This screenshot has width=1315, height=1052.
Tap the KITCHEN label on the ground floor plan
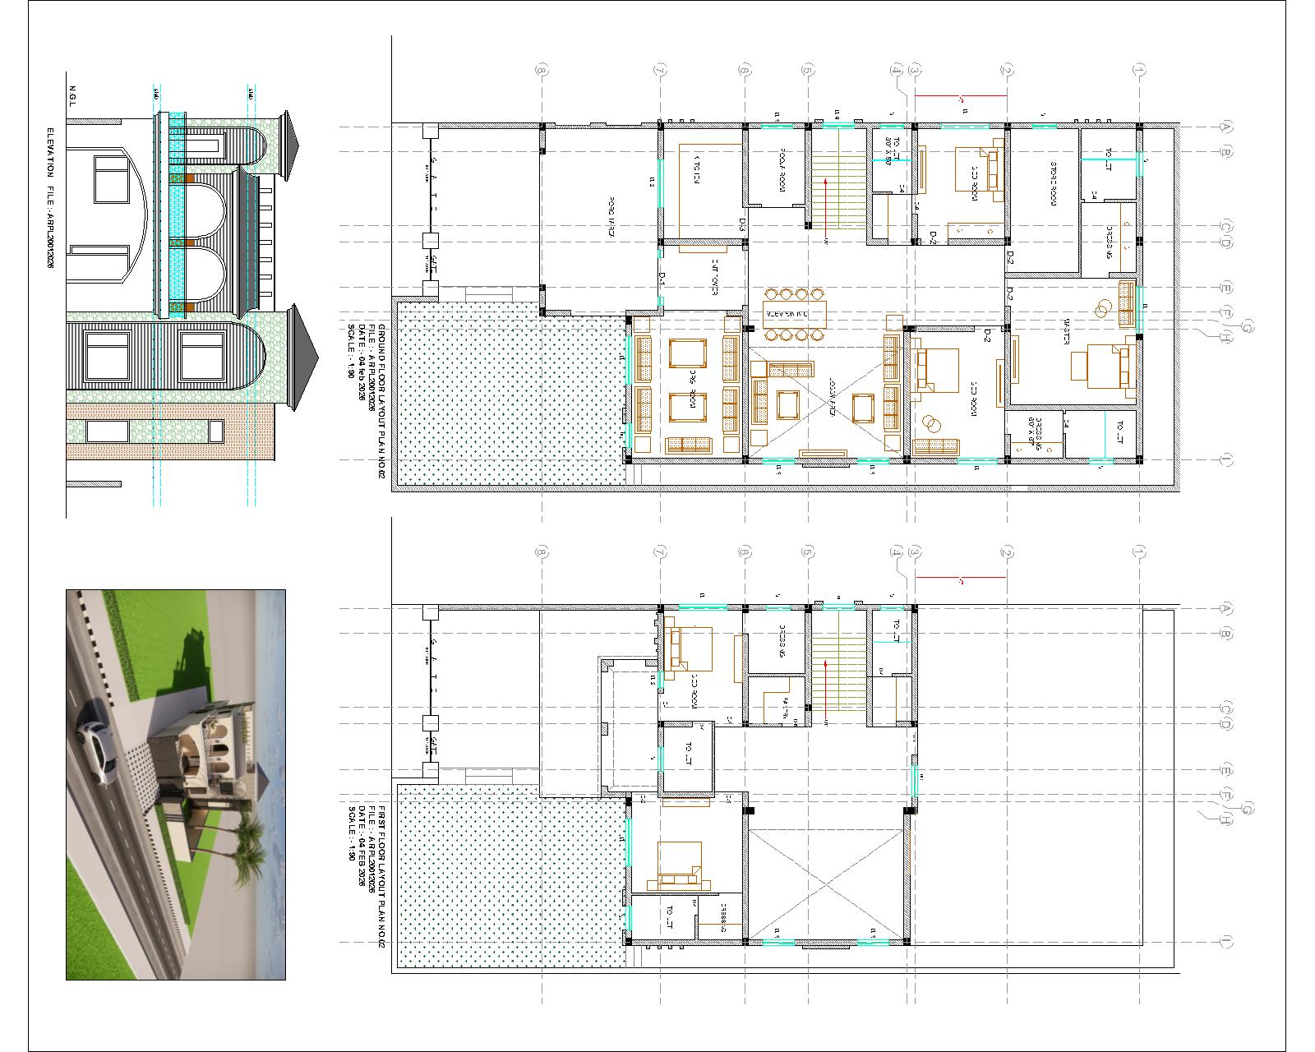[696, 170]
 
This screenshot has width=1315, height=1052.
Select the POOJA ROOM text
[784, 176]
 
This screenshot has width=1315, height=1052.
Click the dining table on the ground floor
[794, 314]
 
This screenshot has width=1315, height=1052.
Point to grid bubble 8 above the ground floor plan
[541, 72]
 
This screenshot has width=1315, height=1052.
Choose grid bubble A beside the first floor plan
[1225, 609]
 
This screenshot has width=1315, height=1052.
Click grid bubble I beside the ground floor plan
[1225, 460]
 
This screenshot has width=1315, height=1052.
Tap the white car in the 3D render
[95, 743]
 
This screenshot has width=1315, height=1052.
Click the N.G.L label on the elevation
[72, 95]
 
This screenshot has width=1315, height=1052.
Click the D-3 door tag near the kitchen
[742, 223]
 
